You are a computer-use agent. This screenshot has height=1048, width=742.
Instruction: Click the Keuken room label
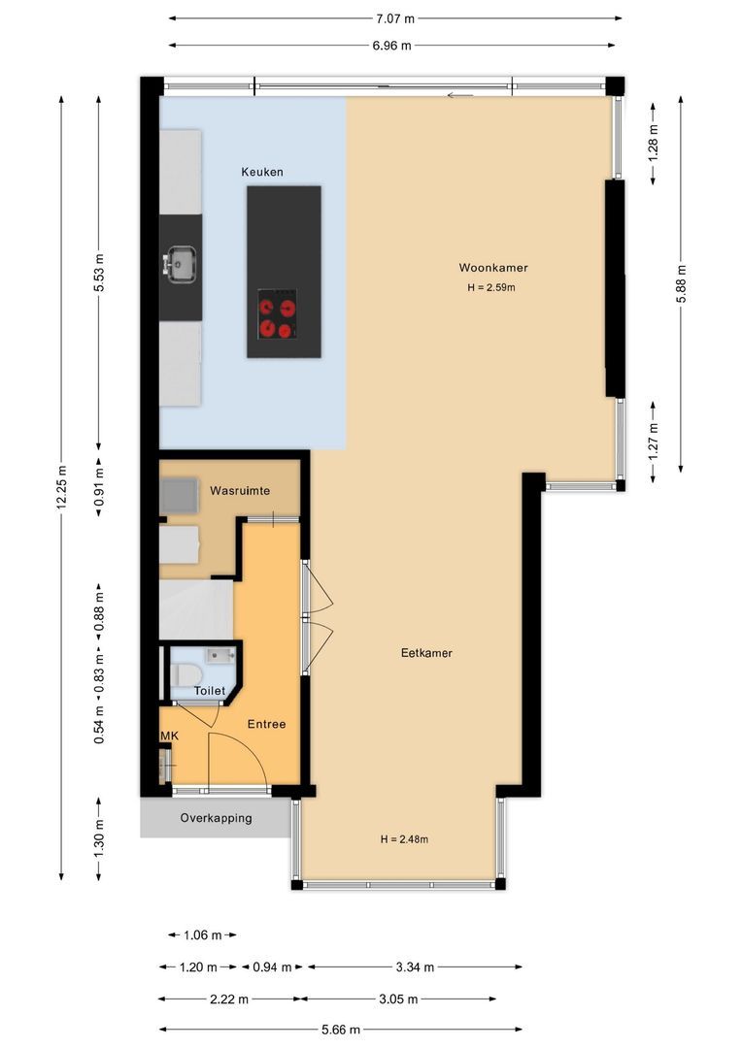[262, 172]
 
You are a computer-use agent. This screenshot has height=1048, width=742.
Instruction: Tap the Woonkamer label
[493, 268]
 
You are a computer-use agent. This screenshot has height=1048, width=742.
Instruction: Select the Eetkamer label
[426, 653]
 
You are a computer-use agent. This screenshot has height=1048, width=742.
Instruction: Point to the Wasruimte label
[239, 492]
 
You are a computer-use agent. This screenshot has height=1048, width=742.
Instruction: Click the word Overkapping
[216, 818]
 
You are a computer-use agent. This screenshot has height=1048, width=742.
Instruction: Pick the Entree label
[266, 724]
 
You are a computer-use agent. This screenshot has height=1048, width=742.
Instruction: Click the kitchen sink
[180, 263]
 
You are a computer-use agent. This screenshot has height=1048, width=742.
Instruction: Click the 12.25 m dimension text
[61, 487]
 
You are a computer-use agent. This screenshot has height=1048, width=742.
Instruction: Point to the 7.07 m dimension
[395, 17]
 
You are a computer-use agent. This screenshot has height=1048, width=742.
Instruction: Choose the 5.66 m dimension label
[340, 1030]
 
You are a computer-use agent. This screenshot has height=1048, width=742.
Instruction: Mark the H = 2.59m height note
[490, 287]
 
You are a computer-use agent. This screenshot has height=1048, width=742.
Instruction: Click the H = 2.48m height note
[404, 839]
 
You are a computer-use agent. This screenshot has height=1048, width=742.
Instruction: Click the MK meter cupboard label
[170, 737]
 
